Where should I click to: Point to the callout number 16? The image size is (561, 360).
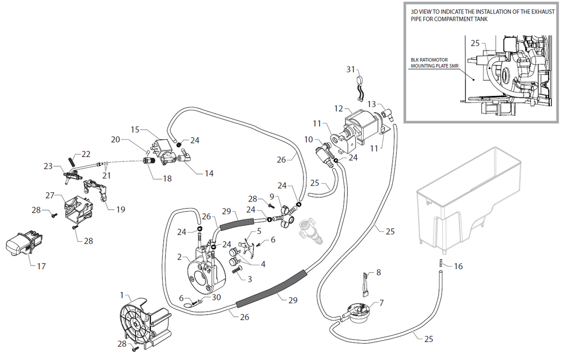pos(458,266)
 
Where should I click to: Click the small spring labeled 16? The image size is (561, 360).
pos(440,263)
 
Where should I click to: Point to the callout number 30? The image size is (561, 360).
pos(217,297)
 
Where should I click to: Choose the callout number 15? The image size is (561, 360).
pos(135,130)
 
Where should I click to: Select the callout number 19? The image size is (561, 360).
pos(120,209)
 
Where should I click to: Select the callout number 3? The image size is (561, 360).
pos(249,279)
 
